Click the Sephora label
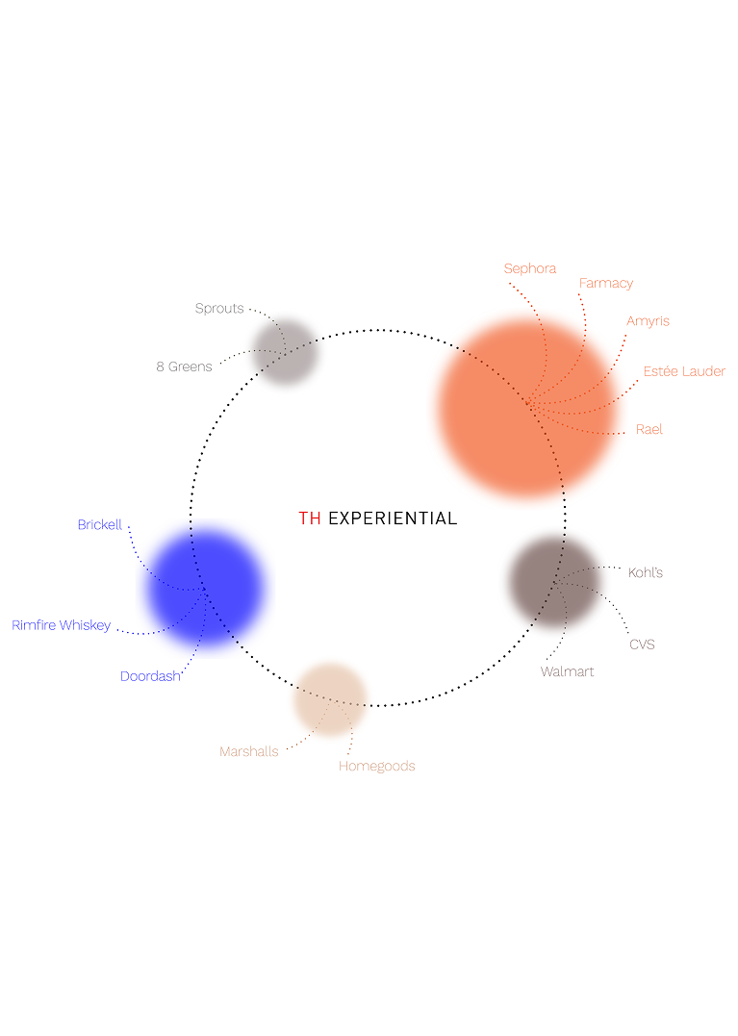(530, 269)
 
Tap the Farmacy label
(606, 284)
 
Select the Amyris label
(648, 321)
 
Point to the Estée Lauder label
(684, 371)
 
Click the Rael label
(649, 429)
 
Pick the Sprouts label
(219, 309)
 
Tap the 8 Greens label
(185, 366)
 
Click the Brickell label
(100, 524)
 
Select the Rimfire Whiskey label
(61, 625)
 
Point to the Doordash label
(150, 676)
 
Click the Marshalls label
(248, 751)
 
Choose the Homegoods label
(376, 767)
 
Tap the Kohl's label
(645, 573)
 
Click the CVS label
(642, 644)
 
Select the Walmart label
(567, 672)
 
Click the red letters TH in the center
(309, 518)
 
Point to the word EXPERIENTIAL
(393, 518)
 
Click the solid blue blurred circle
(206, 587)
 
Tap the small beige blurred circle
(330, 699)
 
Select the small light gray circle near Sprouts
(284, 352)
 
